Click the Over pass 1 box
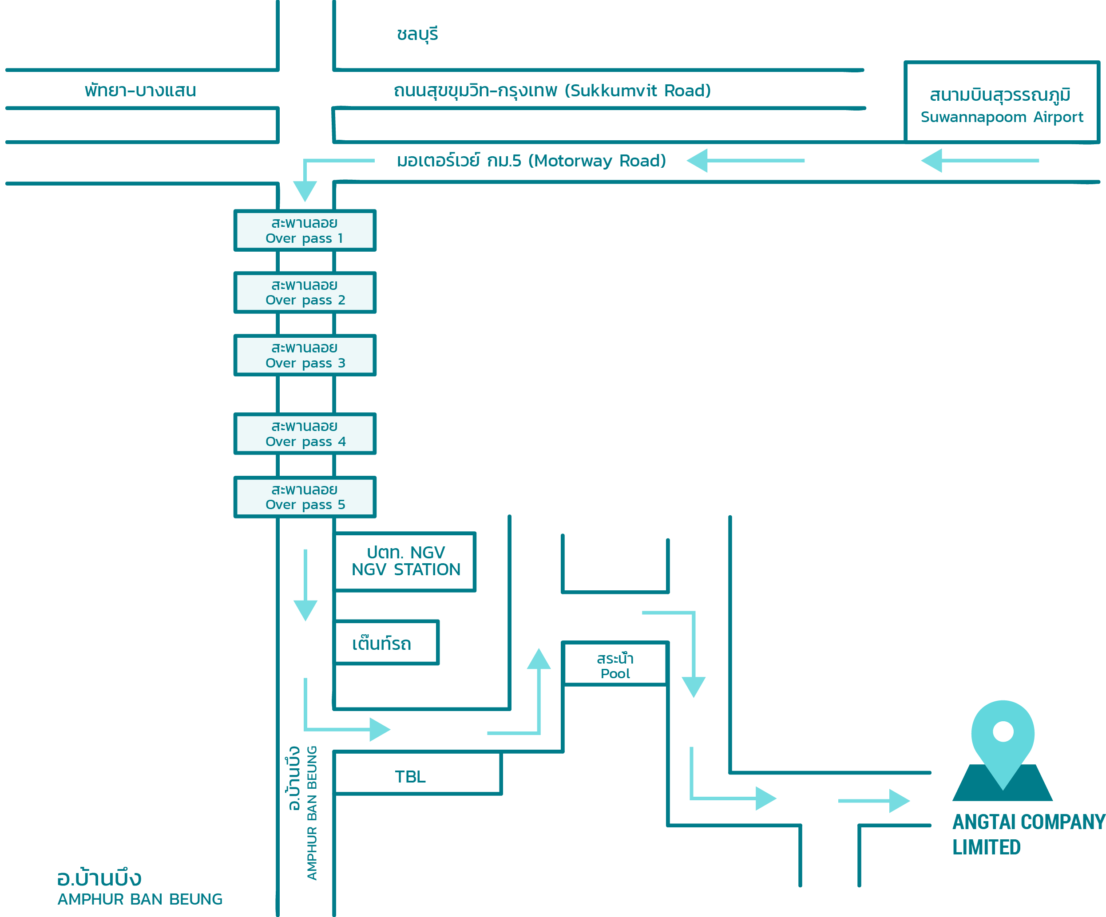coord(305,230)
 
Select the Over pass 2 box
coord(305,292)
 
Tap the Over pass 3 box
coord(305,356)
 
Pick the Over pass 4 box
coord(305,434)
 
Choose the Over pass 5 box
coord(305,497)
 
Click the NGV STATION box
coord(405,561)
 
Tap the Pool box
coord(615,666)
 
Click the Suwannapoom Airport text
coord(1002,117)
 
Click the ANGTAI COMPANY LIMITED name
coord(1027,834)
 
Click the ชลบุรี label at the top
coord(417,34)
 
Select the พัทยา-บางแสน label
coord(140,91)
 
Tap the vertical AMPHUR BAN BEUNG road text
coord(312,813)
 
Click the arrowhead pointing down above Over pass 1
coord(305,192)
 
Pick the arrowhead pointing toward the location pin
coord(900,801)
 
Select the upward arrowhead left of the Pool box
coord(539,659)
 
